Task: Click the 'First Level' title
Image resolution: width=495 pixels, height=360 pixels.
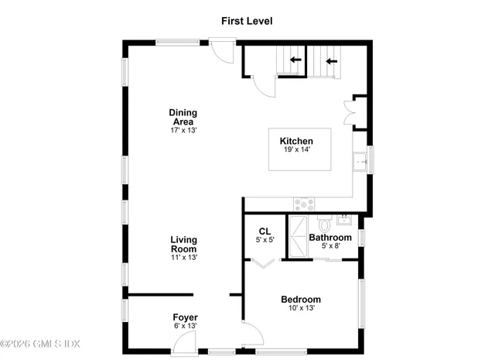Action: point(247,21)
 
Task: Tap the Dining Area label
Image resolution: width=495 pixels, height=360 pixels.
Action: point(183,117)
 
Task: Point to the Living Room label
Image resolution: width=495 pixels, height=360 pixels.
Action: point(183,245)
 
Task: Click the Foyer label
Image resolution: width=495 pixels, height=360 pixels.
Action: point(186,317)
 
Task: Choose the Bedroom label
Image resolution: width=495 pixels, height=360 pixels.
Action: point(301,299)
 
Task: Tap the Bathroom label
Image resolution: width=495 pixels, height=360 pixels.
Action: point(330,237)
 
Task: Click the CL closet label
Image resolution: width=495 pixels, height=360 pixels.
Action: point(265,231)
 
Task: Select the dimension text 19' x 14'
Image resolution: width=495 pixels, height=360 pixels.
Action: point(296,149)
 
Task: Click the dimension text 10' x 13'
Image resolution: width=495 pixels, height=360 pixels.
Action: point(301,308)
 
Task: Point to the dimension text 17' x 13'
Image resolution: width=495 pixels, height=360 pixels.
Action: point(184,130)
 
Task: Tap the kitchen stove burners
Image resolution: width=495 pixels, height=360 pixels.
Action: point(303,205)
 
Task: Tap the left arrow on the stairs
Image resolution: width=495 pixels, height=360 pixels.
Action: point(295,60)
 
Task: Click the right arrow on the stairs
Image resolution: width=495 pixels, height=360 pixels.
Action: point(331,60)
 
